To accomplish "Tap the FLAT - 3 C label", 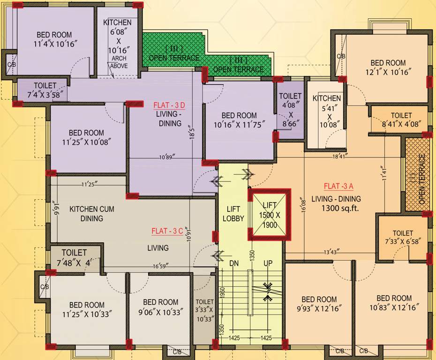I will point(167,231).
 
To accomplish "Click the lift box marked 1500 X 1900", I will point(269,215).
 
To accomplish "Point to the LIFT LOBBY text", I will point(233,213).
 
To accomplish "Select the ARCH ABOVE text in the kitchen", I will point(119,62).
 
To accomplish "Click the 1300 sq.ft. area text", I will point(340,209).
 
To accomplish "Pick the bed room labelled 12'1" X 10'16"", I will point(388,67).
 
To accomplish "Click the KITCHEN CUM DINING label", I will point(91,213).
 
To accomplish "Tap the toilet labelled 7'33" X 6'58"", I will point(403,237).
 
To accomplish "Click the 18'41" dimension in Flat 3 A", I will point(339,157).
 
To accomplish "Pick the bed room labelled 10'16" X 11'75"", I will point(239,120).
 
